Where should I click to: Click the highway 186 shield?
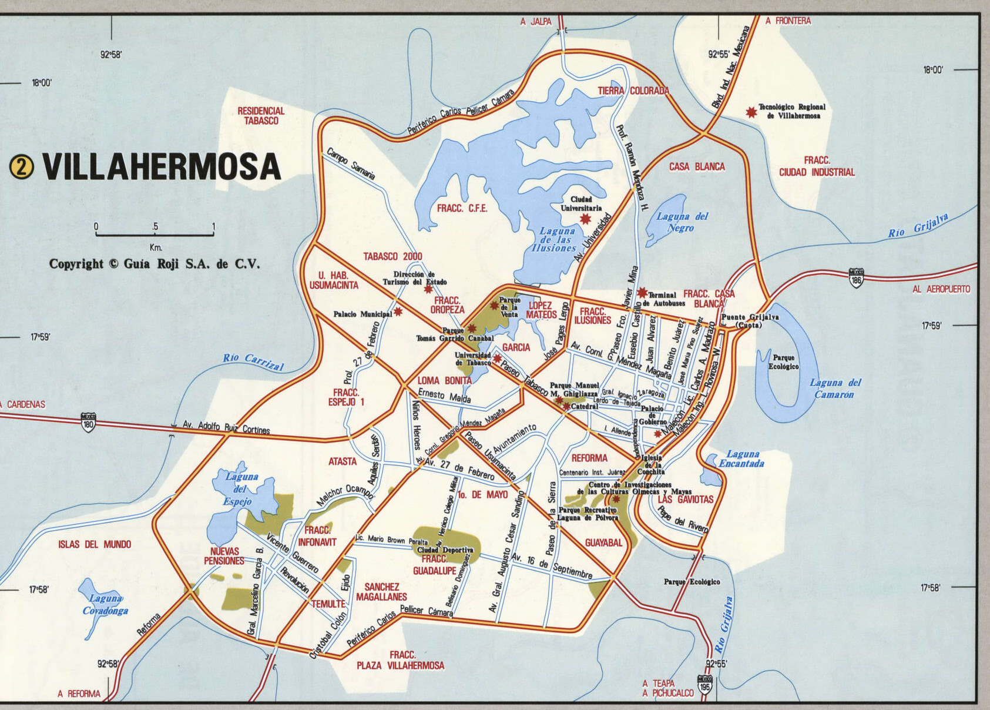(x=856, y=277)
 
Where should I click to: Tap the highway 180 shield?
(x=88, y=422)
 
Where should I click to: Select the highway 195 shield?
(x=705, y=685)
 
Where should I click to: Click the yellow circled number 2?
(x=22, y=168)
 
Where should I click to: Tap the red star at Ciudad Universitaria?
(x=585, y=219)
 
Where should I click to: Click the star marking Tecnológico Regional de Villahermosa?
(x=751, y=112)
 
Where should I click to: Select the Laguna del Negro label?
(x=682, y=222)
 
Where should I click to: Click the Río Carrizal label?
(x=253, y=361)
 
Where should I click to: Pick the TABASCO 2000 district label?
(x=392, y=257)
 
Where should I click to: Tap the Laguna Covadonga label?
(x=105, y=605)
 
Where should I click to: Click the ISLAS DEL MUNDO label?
(x=95, y=544)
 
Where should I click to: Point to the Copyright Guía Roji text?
(x=154, y=264)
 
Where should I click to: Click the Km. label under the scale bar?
(x=156, y=247)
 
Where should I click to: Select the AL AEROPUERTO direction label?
(x=941, y=289)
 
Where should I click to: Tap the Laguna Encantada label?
(x=742, y=458)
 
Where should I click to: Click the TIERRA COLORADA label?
(x=633, y=91)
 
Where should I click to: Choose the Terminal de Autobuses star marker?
(x=642, y=292)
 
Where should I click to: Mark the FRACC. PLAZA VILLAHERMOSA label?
(x=401, y=660)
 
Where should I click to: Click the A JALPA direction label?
(x=536, y=22)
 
